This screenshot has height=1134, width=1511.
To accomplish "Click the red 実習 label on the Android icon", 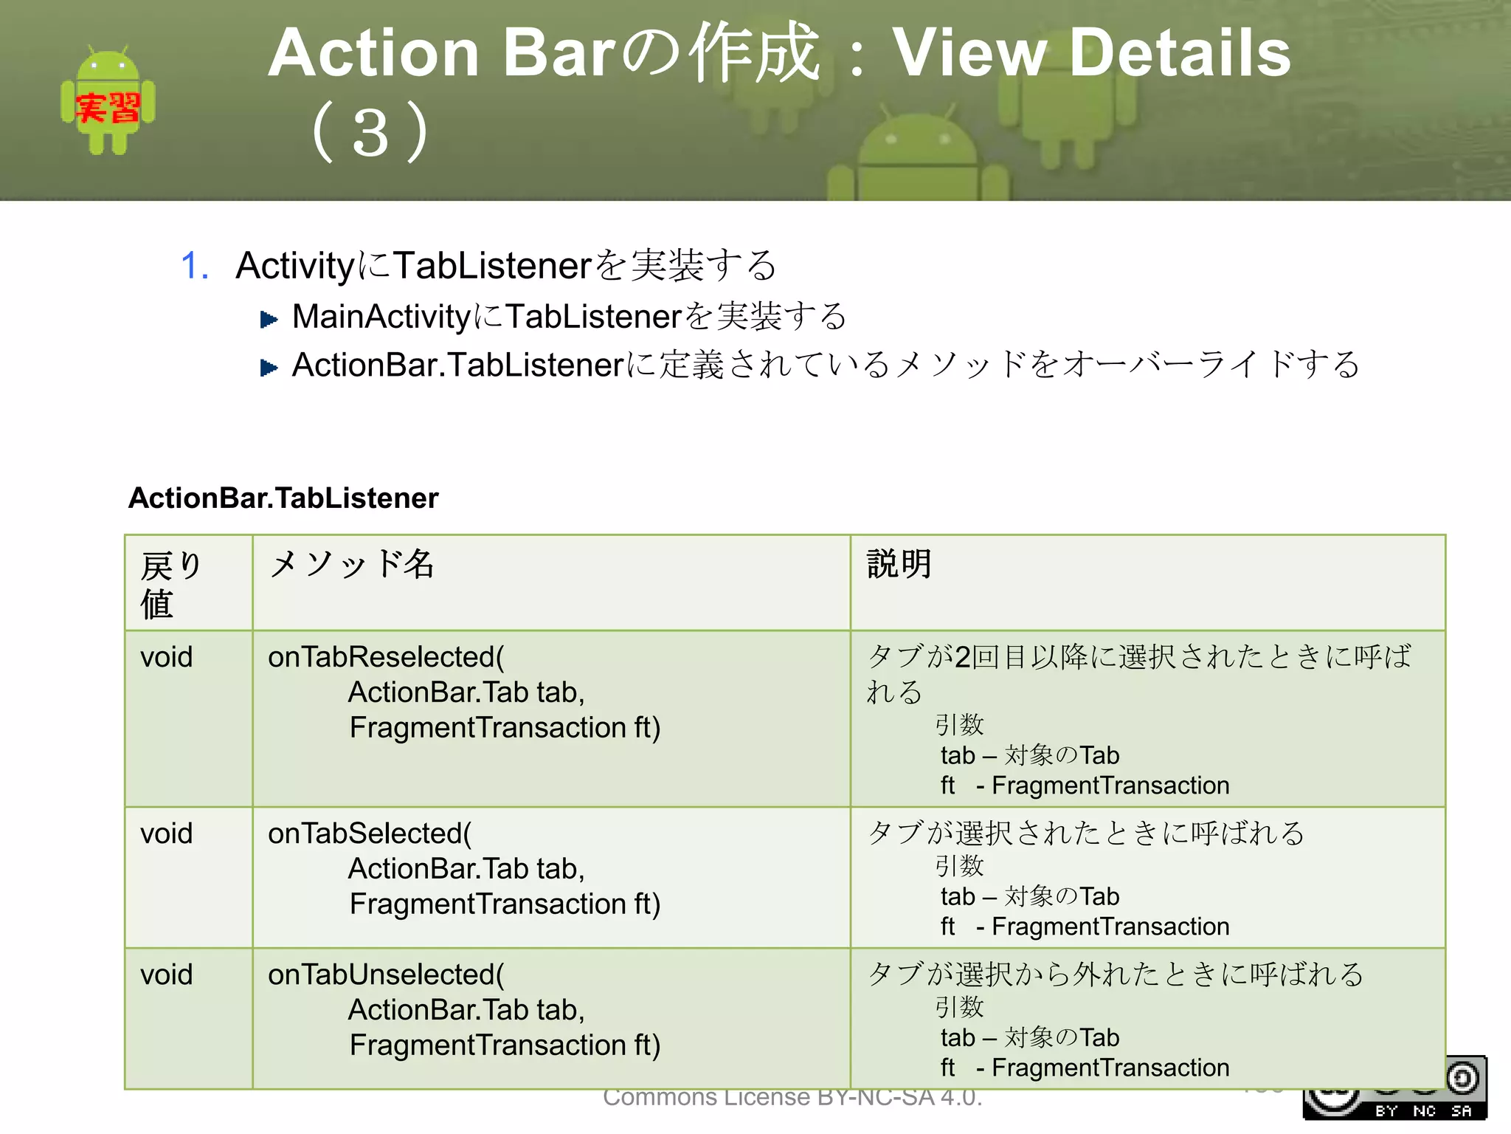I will (x=108, y=109).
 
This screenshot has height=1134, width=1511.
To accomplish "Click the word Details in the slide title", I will (x=1180, y=53).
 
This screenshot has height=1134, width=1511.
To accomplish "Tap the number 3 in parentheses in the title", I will (x=370, y=134).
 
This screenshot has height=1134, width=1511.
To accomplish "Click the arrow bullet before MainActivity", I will (x=269, y=320).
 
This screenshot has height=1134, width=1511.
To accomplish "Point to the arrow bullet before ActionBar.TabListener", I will (x=269, y=368).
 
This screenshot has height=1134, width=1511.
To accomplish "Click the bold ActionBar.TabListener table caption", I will (x=283, y=498).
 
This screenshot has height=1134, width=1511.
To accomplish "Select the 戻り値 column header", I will (x=170, y=584).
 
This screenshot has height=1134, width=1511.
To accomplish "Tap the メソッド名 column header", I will (x=352, y=565).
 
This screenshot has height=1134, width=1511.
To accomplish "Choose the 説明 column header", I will (x=899, y=565).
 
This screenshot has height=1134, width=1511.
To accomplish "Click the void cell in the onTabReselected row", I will (x=167, y=657).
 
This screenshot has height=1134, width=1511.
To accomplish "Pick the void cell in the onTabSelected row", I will (x=167, y=834).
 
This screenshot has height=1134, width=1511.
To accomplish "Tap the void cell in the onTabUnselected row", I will (x=167, y=975).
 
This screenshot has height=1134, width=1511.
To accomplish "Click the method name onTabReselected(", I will (x=386, y=657).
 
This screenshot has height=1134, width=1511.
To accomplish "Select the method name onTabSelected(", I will (x=370, y=834).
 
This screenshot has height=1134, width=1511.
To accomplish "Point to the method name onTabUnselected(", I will (x=386, y=975).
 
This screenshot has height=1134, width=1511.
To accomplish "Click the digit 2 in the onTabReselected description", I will (x=962, y=657).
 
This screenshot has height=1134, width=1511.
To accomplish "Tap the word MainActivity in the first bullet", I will (x=381, y=317).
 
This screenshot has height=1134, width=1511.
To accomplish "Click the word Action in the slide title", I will (x=374, y=53).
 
